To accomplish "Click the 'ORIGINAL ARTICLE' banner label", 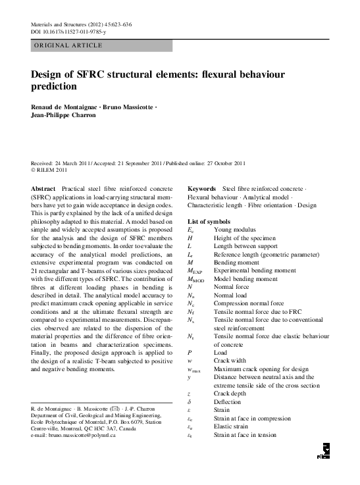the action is tap(67, 45).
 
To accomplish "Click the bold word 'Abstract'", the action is tap(43, 189).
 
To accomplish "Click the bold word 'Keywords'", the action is tap(202, 189).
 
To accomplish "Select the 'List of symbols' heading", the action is tap(209, 221).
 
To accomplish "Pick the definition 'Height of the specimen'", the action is tap(244, 238).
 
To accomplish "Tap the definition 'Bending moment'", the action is tap(237, 262).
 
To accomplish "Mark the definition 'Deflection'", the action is tap(228, 401).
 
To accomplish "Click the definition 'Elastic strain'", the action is tap(232, 426).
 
